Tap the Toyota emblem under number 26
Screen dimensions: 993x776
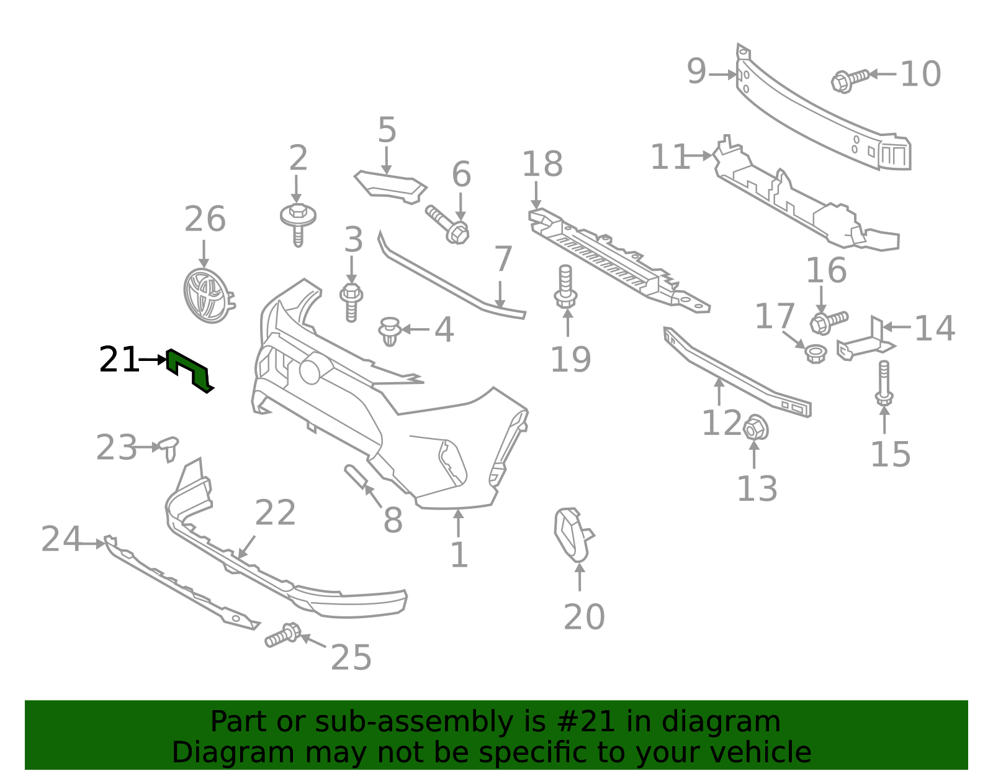click(208, 296)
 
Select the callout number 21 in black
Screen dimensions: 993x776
click(119, 359)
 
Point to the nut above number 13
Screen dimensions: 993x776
click(755, 428)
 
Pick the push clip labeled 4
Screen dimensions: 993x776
click(390, 331)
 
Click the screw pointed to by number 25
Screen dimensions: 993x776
click(283, 635)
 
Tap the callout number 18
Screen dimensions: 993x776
click(542, 163)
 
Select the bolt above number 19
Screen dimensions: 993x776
click(565, 286)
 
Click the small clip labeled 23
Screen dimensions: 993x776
click(169, 448)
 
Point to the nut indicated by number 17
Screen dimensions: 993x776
click(815, 354)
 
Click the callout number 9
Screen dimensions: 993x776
click(696, 71)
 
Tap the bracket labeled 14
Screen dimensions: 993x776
click(866, 342)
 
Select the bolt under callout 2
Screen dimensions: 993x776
click(298, 224)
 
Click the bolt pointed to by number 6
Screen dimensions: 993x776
click(447, 224)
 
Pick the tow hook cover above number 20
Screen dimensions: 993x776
click(573, 534)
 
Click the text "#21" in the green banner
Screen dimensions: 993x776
click(590, 721)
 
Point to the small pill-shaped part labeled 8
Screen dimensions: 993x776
click(356, 477)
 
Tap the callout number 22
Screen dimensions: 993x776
click(275, 513)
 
